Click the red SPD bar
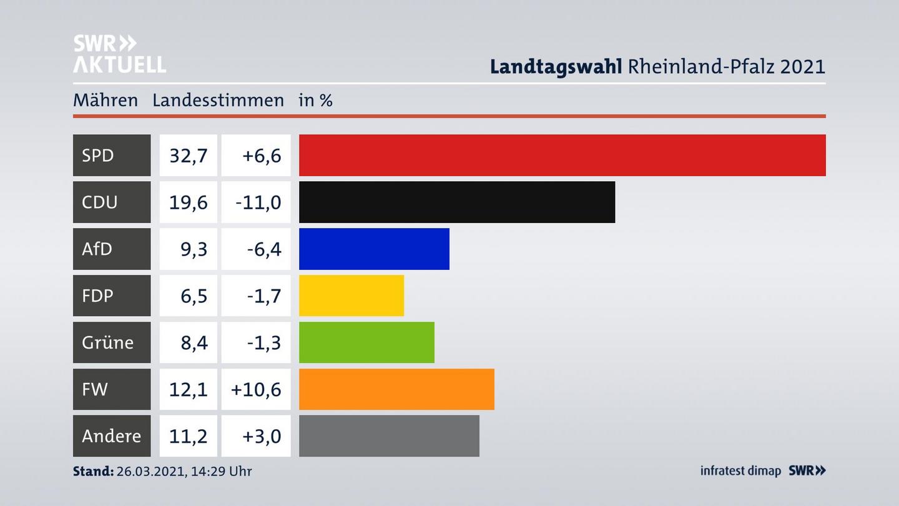click(x=562, y=155)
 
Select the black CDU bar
click(x=456, y=202)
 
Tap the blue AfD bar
click(x=374, y=249)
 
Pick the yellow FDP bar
click(x=351, y=295)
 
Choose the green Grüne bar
click(x=366, y=342)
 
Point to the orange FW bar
click(x=396, y=389)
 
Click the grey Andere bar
click(x=389, y=435)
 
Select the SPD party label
click(x=98, y=155)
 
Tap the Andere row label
click(x=111, y=435)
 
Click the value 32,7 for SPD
click(x=188, y=156)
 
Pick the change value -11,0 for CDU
click(x=258, y=202)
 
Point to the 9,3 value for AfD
click(x=194, y=249)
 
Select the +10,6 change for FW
click(x=256, y=390)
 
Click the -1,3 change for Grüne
click(x=263, y=343)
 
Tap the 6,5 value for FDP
click(x=194, y=296)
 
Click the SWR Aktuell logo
click(x=119, y=54)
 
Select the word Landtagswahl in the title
click(x=556, y=66)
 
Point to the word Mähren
click(x=105, y=100)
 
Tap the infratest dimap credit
click(x=740, y=471)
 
